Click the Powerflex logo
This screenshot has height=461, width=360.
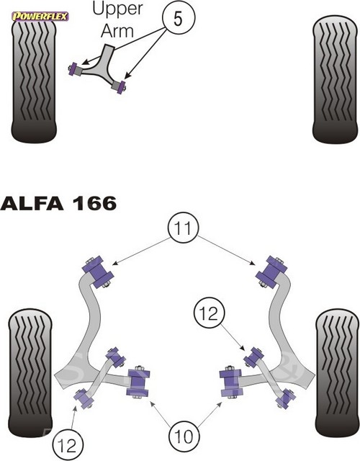point(40,17)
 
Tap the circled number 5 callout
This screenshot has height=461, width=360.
point(179,18)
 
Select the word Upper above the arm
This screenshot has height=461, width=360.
point(118,9)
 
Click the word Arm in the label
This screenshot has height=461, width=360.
point(117,30)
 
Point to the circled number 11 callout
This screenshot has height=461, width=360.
point(184,228)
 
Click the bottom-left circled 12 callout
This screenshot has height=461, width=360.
point(68,446)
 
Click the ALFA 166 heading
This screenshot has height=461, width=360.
point(58,203)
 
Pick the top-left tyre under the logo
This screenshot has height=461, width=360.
point(34,81)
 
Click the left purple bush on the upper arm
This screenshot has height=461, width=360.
point(74,69)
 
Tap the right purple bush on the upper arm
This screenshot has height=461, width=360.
point(120,86)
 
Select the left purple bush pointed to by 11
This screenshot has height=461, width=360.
point(98,272)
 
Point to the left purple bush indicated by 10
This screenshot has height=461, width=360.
point(138,382)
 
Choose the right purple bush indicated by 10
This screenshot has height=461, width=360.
point(231,382)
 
